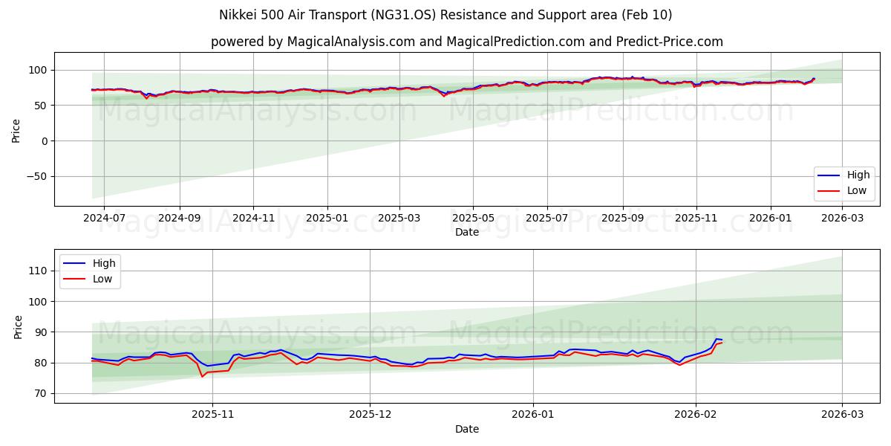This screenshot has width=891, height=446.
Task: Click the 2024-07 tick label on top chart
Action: tap(104, 219)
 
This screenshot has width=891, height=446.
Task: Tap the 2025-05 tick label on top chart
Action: tap(473, 219)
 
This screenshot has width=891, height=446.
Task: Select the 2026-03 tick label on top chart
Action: tap(842, 219)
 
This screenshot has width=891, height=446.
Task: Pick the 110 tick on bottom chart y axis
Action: tap(37, 271)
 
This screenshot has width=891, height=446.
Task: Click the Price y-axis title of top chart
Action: tap(16, 129)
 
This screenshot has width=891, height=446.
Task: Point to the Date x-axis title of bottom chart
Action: tap(467, 429)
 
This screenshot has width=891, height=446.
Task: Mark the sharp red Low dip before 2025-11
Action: tap(202, 376)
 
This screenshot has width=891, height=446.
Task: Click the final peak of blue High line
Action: tap(717, 339)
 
